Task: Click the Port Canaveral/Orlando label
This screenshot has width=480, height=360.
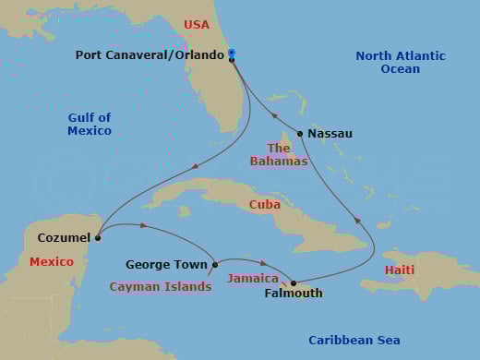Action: pos(150,55)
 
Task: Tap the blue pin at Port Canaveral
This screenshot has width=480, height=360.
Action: pos(231,53)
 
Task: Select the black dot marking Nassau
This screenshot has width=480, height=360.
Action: pos(300,133)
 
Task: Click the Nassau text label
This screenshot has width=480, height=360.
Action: pos(330,134)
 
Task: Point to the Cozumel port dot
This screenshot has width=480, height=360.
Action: pos(97,237)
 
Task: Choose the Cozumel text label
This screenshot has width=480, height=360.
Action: pos(64,238)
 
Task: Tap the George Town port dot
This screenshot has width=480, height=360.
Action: pos(215,265)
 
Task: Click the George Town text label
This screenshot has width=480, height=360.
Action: pos(167,265)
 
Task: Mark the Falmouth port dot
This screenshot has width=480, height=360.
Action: pos(294,283)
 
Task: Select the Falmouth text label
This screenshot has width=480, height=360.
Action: pos(294,294)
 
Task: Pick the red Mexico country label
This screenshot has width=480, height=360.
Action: pos(52,262)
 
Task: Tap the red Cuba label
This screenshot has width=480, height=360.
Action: pos(265,204)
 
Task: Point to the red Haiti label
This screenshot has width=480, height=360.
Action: pos(400,270)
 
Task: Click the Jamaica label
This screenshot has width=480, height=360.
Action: pos(253,278)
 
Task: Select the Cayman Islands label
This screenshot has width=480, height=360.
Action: pos(161,287)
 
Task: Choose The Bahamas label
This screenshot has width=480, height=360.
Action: pos(279,155)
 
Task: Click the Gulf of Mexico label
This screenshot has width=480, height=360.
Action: pos(90,124)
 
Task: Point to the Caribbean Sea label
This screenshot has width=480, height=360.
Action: pos(354,341)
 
